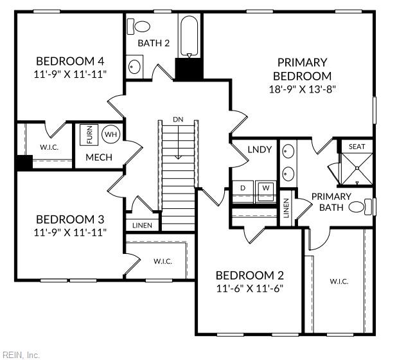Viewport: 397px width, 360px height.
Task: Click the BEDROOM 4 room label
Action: click(x=71, y=61)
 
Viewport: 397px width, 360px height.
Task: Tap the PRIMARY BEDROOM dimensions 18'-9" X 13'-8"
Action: click(x=302, y=89)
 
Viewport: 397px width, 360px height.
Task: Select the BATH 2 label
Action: click(x=154, y=43)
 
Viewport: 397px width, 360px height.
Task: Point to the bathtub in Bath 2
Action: click(x=189, y=35)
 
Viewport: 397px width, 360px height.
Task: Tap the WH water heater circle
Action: click(x=110, y=134)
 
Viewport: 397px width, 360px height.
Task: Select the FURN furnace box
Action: click(x=89, y=135)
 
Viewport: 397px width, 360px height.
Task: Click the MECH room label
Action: click(x=99, y=157)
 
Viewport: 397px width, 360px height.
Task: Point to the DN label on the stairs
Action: click(x=177, y=120)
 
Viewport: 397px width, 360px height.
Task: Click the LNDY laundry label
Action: click(x=260, y=150)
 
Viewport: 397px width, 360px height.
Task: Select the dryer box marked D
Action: click(x=243, y=188)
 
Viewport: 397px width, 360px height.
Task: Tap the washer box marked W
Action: click(x=265, y=188)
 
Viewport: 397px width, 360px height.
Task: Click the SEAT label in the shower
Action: click(x=357, y=147)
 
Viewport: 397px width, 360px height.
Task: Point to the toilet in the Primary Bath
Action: click(x=368, y=207)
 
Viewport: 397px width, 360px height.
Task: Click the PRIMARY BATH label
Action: click(x=331, y=201)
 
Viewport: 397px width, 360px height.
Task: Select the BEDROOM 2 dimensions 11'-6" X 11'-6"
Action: click(x=250, y=289)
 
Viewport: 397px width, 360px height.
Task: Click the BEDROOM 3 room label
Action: click(x=71, y=219)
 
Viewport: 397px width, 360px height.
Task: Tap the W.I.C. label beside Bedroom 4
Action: click(x=49, y=147)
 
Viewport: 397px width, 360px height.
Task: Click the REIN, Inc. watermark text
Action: click(x=21, y=354)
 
